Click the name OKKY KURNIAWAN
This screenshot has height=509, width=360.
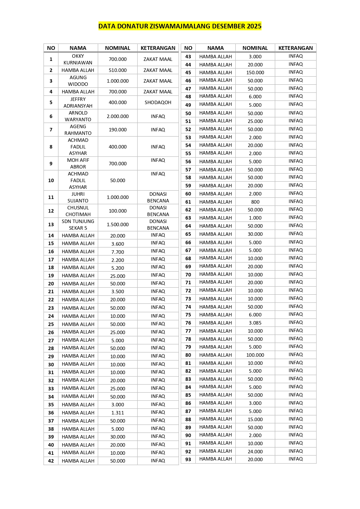(78, 59)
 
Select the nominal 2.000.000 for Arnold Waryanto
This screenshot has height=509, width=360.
(117, 116)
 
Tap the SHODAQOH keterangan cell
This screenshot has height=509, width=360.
(158, 102)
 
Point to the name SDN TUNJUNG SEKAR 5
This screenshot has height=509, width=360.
(78, 224)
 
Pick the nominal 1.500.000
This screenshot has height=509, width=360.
(117, 224)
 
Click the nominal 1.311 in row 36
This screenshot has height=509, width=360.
(117, 413)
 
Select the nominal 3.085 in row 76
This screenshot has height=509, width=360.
(255, 323)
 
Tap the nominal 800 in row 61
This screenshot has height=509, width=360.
(255, 202)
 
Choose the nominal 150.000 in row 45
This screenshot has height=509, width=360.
(255, 73)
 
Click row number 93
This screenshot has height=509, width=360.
(188, 459)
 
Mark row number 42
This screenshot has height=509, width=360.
(51, 461)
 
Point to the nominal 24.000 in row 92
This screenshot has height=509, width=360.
(255, 452)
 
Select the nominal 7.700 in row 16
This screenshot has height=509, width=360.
(117, 252)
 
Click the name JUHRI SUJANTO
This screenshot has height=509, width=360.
(78, 197)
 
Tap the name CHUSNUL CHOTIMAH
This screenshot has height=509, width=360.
(78, 211)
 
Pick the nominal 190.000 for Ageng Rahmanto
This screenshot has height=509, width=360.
(117, 130)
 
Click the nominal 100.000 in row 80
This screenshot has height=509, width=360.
(255, 355)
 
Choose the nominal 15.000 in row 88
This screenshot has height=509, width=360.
(255, 419)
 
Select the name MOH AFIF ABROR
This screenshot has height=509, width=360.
(78, 163)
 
